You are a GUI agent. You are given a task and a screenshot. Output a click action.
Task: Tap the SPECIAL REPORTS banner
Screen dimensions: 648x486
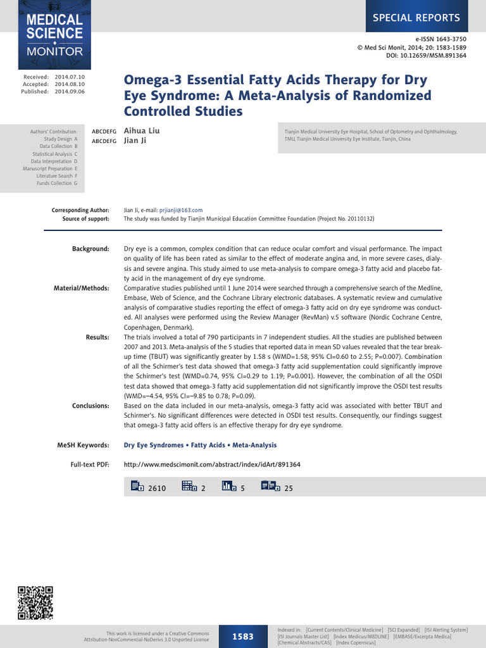[425, 17]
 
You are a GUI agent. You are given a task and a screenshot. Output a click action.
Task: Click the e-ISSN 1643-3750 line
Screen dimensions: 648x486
[441, 39]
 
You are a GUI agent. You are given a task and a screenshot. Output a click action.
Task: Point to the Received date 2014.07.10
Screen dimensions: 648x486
[69, 77]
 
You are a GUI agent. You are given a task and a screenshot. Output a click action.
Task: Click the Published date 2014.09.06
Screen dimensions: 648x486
[69, 92]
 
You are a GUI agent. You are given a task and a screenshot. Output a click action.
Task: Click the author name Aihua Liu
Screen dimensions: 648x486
[141, 131]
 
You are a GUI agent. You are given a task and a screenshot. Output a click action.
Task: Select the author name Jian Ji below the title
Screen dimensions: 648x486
[135, 140]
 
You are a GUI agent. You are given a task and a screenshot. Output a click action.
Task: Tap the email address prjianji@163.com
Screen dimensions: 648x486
[181, 210]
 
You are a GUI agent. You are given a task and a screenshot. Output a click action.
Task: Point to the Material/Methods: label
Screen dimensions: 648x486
[82, 289]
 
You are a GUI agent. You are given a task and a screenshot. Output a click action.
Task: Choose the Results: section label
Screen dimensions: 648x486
[97, 337]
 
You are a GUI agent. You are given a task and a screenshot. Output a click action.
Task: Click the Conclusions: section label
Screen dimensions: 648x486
[90, 406]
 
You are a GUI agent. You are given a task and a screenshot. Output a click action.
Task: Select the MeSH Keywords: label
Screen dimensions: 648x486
[83, 445]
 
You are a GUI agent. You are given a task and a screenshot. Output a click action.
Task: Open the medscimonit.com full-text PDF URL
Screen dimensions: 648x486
[212, 464]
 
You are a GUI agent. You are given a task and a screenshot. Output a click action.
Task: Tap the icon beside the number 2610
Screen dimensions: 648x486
[137, 486]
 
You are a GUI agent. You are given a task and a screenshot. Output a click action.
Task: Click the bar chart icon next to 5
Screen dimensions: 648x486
[228, 486]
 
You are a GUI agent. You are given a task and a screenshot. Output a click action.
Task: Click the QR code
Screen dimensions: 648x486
[35, 603]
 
